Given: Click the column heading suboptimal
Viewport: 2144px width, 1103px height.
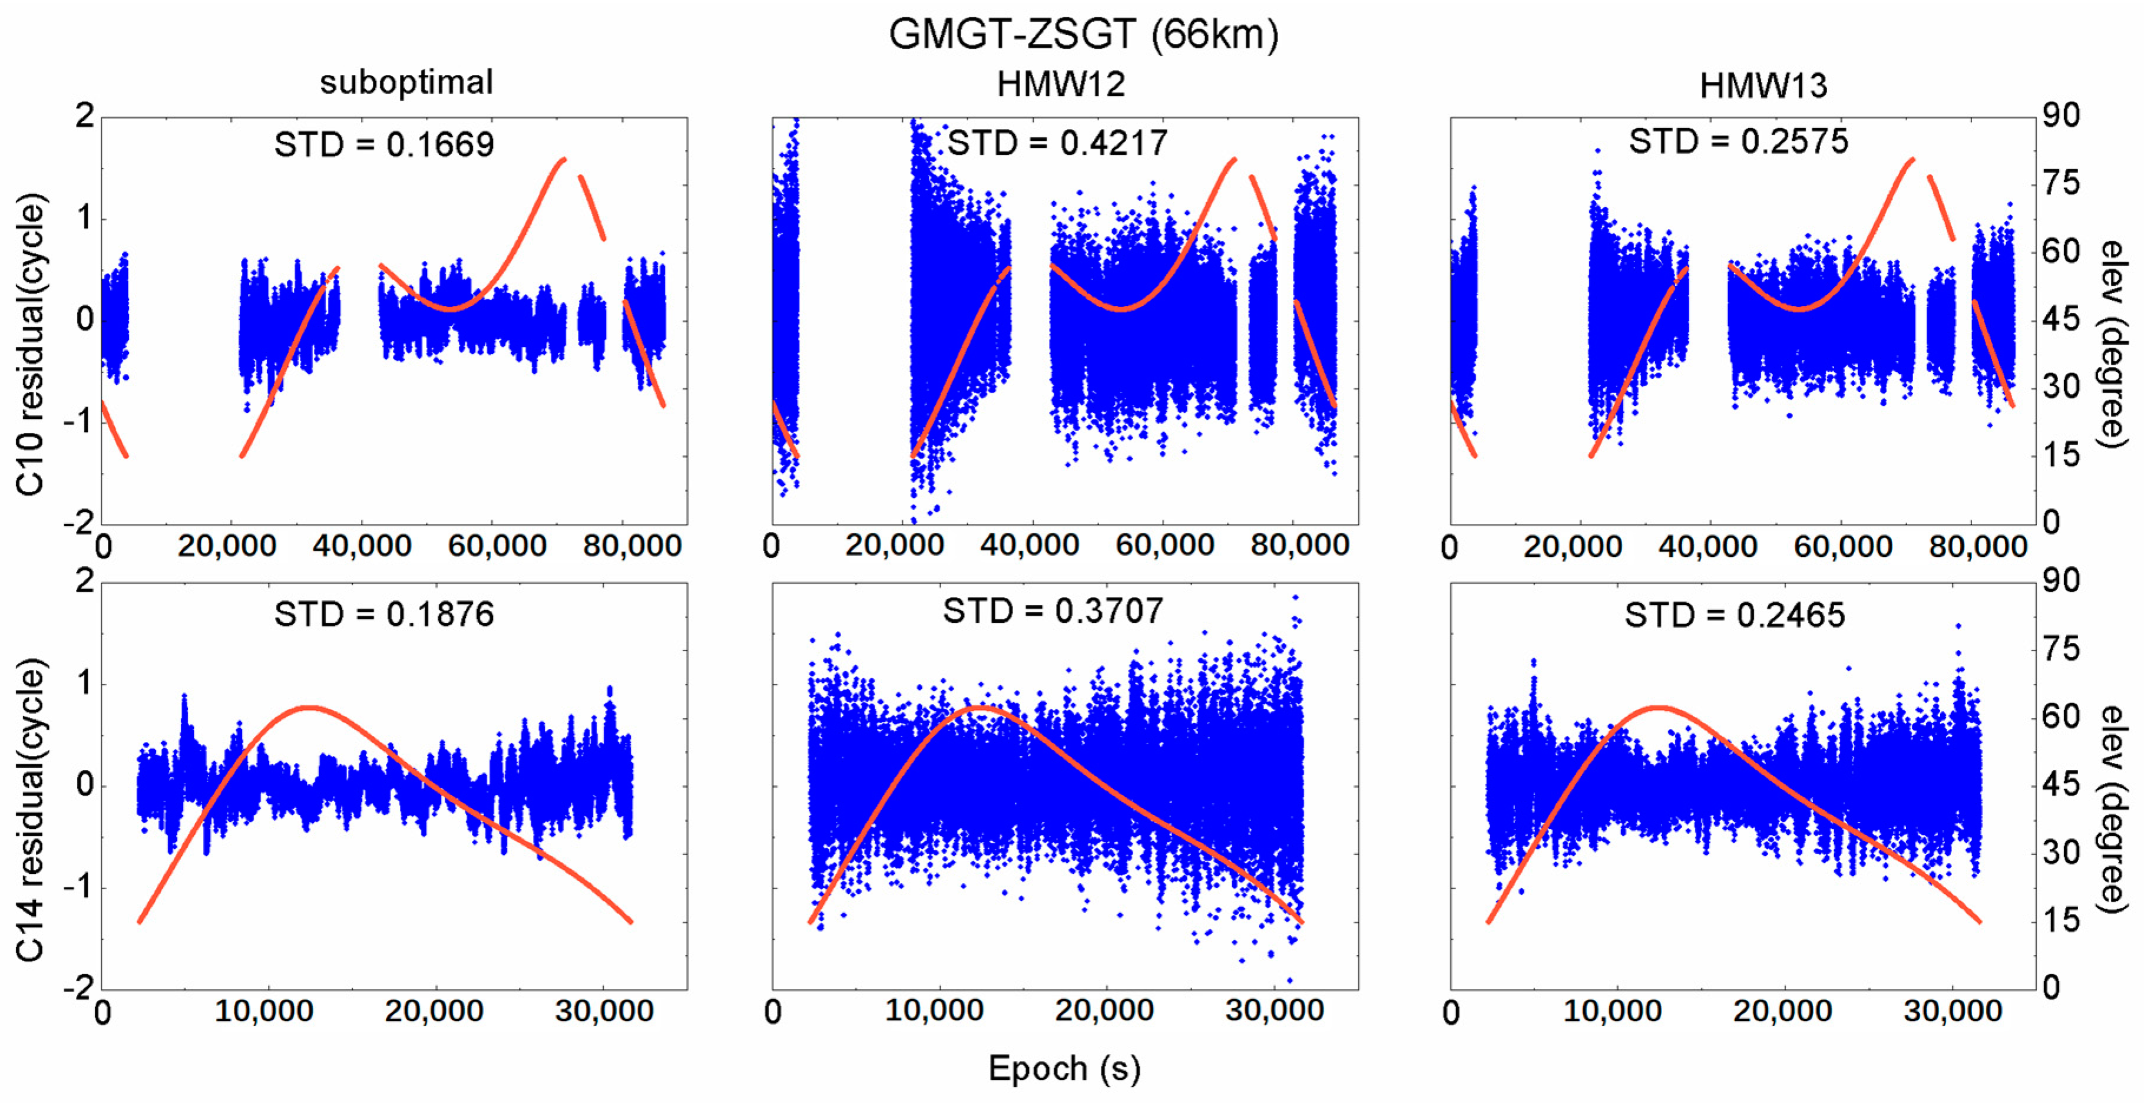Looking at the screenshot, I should (406, 82).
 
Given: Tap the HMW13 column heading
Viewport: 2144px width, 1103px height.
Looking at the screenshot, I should (1763, 86).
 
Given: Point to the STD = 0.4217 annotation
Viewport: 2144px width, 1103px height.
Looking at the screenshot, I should (1057, 143).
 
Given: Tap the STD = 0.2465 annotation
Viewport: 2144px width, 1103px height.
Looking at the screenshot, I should (1735, 615).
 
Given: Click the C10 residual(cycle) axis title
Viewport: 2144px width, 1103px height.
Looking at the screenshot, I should (30, 345).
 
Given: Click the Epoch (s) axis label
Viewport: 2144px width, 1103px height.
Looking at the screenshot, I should (1064, 1068).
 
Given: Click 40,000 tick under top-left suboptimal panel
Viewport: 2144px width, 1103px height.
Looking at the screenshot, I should (362, 546).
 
